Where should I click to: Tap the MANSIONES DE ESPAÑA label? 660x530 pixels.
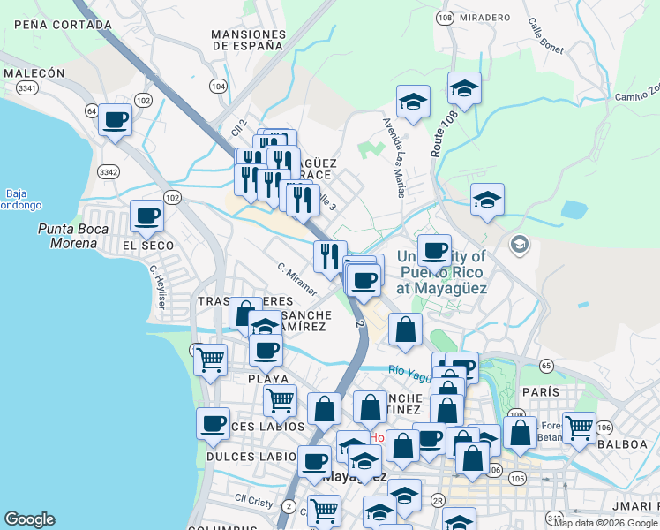249,42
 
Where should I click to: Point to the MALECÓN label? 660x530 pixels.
34,73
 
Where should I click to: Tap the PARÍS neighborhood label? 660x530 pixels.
541,391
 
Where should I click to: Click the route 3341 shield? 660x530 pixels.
26,87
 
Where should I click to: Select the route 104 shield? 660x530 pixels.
218,86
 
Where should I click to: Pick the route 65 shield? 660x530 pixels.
546,365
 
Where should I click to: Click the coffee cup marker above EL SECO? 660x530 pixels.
146,215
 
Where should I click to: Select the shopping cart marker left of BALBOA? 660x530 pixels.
579,428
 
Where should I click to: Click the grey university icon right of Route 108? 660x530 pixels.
520,243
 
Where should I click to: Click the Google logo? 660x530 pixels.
29,519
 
